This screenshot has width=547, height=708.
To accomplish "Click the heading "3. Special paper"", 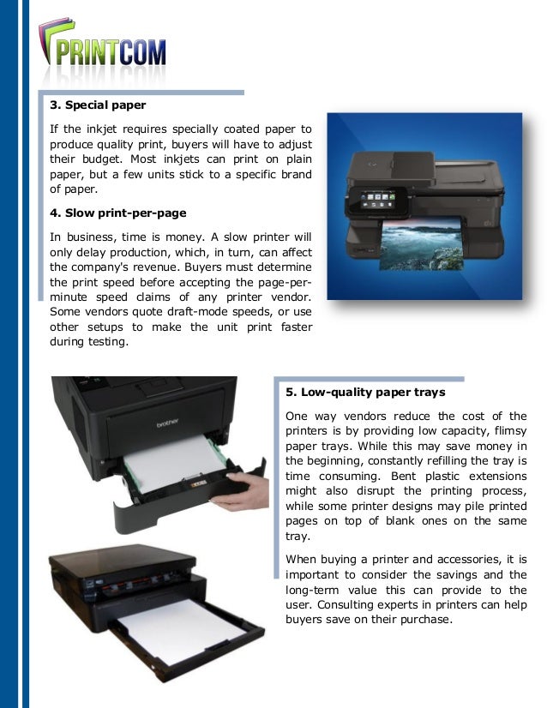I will click(97, 106).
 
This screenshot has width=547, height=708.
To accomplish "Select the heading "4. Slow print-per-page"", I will click(117, 212).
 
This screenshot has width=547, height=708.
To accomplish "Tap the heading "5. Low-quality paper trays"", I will click(365, 393).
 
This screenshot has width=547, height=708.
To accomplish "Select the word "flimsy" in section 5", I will click(509, 430).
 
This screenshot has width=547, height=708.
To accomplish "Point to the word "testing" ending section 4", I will click(102, 343).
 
